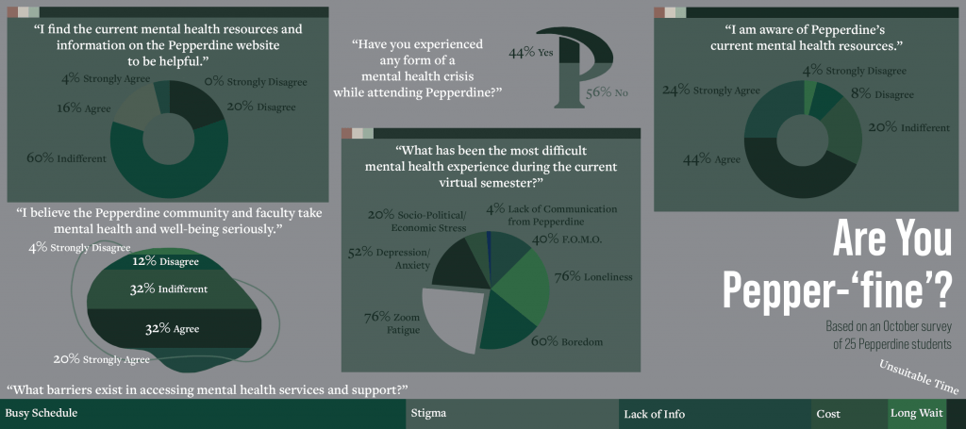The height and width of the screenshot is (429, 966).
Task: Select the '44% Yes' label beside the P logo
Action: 530,53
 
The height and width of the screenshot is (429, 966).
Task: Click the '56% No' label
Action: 607,92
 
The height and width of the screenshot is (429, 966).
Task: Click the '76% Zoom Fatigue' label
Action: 383,324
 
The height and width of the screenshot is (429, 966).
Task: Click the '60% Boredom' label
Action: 566,341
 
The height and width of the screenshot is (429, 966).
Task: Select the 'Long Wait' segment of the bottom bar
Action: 916,414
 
